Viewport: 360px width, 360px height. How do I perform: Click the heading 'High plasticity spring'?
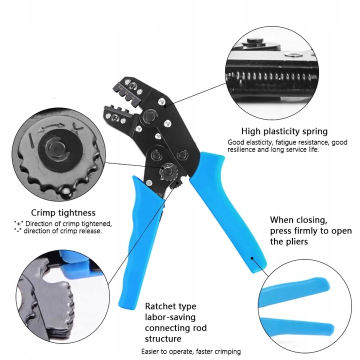tap(284, 131)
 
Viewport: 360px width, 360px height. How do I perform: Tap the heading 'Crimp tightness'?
tap(63, 212)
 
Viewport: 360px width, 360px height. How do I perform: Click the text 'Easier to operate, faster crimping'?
tap(191, 351)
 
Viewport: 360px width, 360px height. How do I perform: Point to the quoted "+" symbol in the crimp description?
tap(18, 223)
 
